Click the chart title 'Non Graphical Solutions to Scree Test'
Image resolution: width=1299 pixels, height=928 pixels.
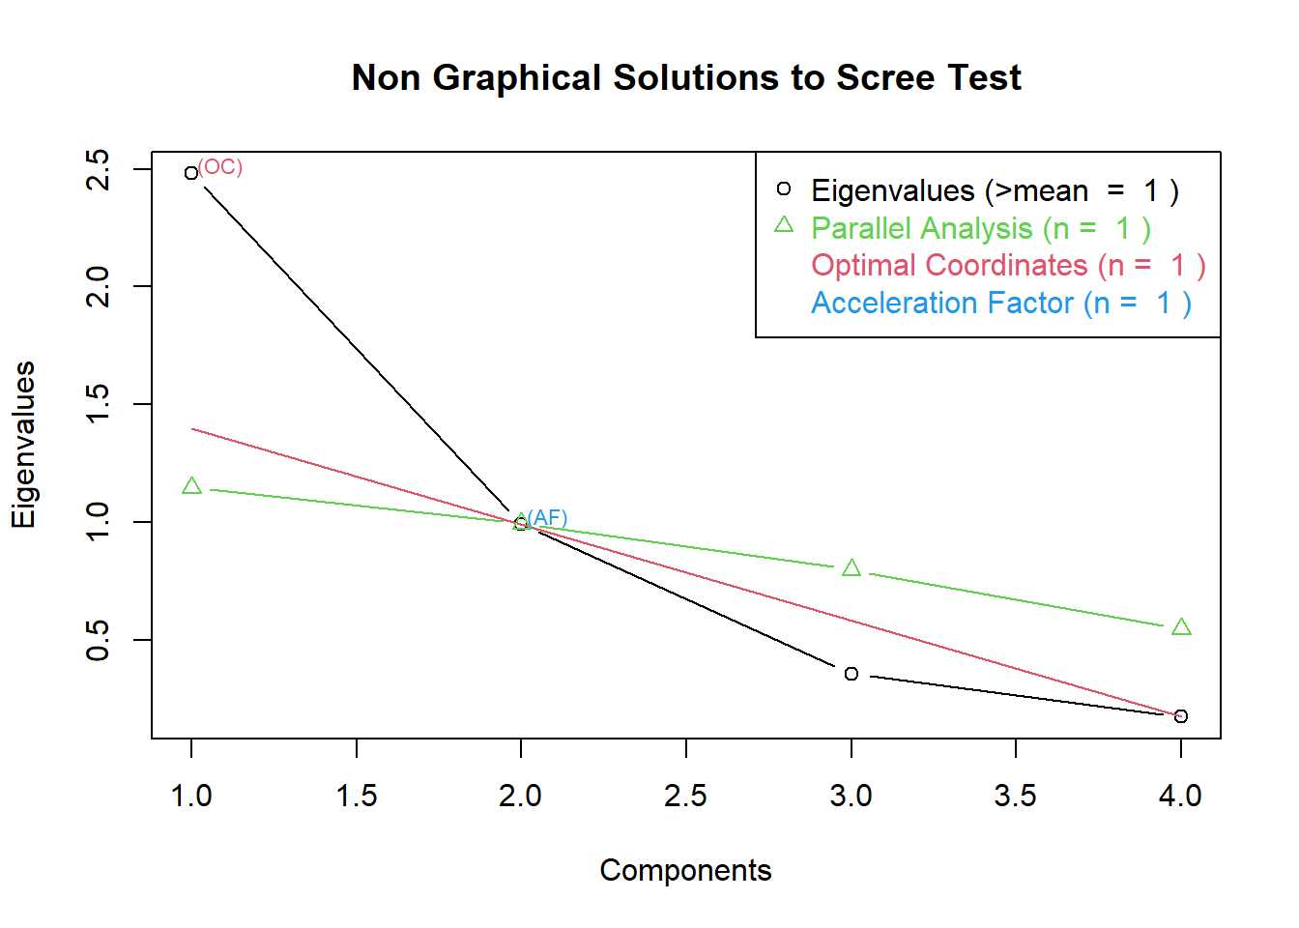tap(686, 77)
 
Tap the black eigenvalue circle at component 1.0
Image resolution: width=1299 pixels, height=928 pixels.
tap(191, 173)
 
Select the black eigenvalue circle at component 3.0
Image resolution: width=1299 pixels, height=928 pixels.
tap(852, 674)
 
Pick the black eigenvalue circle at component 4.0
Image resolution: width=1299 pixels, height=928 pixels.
tap(1181, 716)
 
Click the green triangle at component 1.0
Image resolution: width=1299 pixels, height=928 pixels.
tap(191, 486)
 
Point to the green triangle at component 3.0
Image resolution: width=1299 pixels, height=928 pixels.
tap(852, 568)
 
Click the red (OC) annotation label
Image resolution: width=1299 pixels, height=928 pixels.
tap(220, 167)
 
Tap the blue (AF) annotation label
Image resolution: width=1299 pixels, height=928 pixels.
tap(548, 518)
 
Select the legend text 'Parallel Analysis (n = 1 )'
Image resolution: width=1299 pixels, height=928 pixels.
tap(980, 228)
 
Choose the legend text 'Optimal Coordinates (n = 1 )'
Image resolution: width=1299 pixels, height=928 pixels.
tap(1008, 265)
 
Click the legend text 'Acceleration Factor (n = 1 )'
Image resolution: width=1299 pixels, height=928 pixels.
tap(1000, 303)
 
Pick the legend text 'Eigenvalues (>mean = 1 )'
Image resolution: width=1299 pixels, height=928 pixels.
tap(995, 191)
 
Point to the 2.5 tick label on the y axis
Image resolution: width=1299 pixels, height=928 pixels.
tap(98, 170)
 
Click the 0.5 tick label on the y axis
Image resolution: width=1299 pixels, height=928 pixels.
tap(98, 640)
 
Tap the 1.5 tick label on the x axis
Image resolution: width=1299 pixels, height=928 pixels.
tap(357, 796)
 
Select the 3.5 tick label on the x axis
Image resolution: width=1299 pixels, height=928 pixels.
tap(1016, 796)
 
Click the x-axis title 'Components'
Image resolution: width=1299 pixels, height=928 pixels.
tap(685, 870)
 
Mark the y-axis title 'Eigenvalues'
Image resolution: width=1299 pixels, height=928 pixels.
tap(23, 445)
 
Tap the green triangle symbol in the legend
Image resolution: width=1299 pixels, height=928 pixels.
tap(784, 225)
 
